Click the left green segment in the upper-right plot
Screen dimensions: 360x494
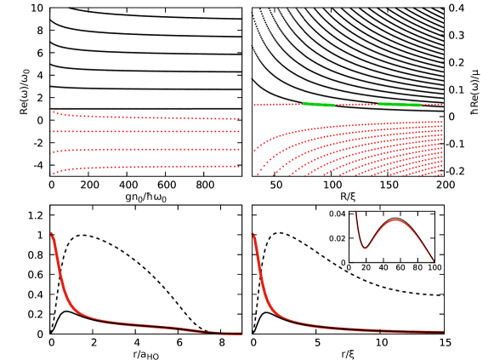pos(319,105)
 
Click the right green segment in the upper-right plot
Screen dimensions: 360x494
pos(400,105)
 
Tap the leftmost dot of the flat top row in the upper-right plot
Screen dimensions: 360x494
pos(254,106)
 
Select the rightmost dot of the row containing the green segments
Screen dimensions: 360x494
pos(441,105)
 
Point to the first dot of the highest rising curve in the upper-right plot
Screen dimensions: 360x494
pos(254,151)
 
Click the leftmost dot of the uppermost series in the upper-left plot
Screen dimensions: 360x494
pos(50,110)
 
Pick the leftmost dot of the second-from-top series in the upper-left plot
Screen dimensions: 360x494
pos(50,132)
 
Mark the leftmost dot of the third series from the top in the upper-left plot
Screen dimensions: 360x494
pos(50,153)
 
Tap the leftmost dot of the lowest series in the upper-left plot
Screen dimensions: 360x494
pos(50,174)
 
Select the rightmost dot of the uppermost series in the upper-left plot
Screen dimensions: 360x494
pos(239,118)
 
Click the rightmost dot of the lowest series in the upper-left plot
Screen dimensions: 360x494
pos(239,166)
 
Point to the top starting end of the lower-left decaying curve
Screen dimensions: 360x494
pos(52,232)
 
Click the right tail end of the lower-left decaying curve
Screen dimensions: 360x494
pos(241,334)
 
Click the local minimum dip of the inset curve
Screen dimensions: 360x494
pos(365,248)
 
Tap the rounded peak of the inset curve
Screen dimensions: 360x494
pos(396,220)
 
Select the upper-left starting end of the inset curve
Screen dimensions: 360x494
pos(355,214)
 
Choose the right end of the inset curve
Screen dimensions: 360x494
pos(435,262)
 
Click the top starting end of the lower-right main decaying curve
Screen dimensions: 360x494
pos(253,233)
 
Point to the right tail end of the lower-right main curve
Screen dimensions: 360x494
pos(443,331)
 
